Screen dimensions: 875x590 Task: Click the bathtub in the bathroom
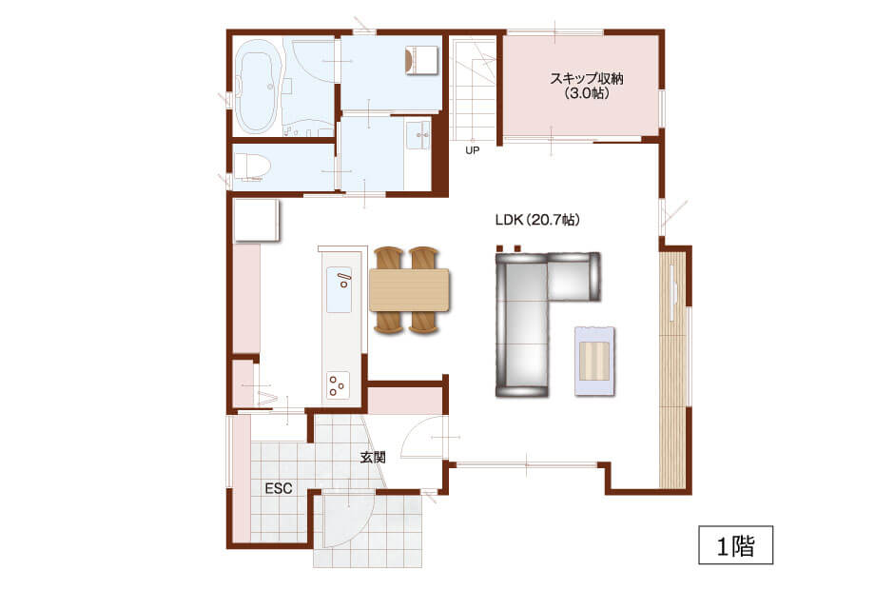click(257, 92)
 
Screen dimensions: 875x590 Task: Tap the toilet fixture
click(252, 167)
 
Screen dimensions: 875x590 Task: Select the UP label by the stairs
click(472, 150)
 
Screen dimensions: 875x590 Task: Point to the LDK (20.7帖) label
click(537, 220)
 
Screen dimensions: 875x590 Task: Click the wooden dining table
click(409, 289)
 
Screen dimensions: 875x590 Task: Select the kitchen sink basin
click(339, 289)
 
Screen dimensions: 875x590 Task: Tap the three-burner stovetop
click(338, 384)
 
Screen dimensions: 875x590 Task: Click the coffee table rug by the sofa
click(594, 362)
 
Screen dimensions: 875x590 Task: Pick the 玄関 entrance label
click(373, 457)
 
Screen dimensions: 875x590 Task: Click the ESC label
click(279, 488)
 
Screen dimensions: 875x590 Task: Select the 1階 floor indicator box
click(735, 544)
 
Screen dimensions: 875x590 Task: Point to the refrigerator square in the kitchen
click(256, 220)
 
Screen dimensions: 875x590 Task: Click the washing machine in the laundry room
click(421, 60)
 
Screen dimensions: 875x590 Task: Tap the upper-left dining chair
click(389, 258)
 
